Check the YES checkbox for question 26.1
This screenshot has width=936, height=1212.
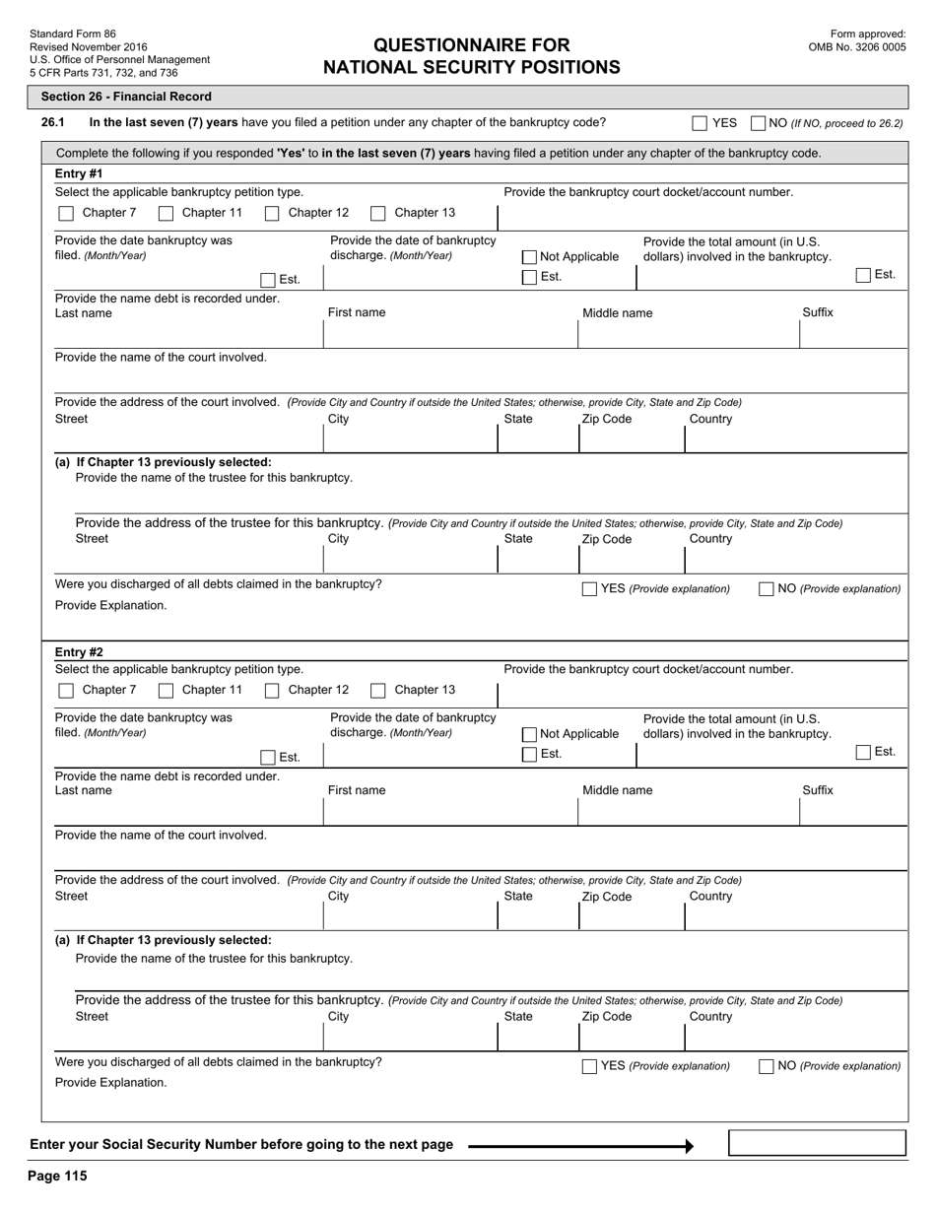[700, 123]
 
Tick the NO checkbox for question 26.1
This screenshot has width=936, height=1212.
[759, 123]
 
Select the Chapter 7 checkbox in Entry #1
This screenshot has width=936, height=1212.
[66, 213]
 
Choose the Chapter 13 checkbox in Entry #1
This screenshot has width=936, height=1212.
[378, 213]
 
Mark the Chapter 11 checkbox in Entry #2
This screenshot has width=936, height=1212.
[167, 691]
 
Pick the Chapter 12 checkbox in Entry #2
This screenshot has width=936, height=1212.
[272, 691]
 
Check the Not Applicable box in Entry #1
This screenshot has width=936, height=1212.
[530, 257]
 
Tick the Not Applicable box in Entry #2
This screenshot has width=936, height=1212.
[530, 734]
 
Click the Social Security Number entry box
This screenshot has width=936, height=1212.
[817, 1143]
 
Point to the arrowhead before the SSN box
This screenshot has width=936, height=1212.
[689, 1146]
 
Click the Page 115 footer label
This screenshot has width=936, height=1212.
[58, 1176]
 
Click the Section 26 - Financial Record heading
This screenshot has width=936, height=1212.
[126, 97]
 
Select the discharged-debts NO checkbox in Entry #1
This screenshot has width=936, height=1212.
[766, 589]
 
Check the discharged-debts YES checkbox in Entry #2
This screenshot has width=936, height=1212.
[589, 1066]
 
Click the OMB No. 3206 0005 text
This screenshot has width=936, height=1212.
[857, 46]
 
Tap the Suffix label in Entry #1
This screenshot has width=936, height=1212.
[817, 312]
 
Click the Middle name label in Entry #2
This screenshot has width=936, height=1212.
[617, 790]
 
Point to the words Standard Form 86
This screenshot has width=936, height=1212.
[73, 34]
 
